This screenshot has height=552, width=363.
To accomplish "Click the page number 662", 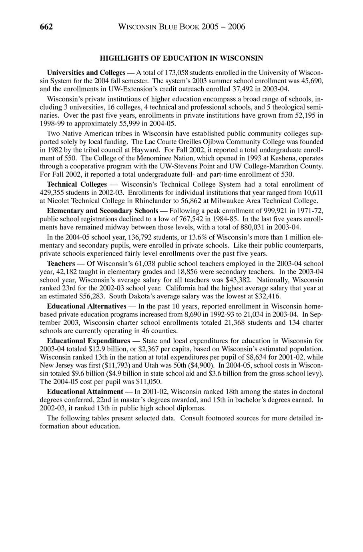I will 46,27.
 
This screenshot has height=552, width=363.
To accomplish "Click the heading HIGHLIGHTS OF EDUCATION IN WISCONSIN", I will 181,58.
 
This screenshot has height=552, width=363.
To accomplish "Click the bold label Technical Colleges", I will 77,185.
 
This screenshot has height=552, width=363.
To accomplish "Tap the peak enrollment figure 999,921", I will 277,211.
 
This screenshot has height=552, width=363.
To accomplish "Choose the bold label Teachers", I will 61,264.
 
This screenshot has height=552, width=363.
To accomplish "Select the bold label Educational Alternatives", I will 89,306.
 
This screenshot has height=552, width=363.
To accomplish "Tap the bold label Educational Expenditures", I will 88,341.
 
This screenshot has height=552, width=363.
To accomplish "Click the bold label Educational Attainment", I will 85,391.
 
